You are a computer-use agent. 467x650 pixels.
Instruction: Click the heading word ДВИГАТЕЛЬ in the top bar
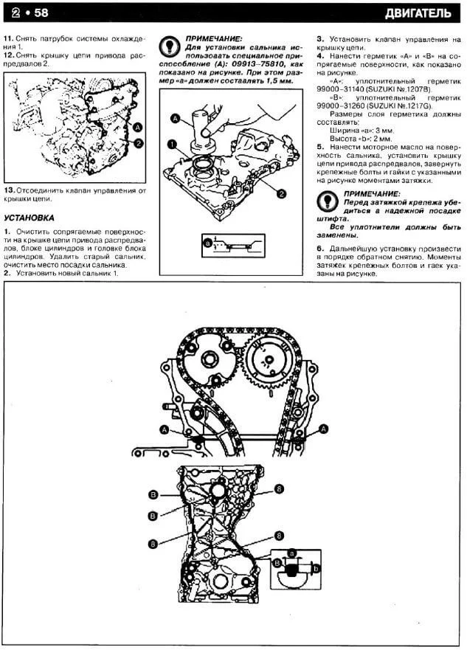click(423, 13)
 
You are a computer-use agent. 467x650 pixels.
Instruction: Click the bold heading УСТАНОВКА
click(29, 218)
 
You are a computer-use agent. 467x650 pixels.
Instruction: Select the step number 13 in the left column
click(8, 190)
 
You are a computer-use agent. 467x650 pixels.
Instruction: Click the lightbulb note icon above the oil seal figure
click(170, 45)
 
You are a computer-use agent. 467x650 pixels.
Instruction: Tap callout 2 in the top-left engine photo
click(138, 142)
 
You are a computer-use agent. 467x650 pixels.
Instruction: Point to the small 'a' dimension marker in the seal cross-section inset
click(208, 242)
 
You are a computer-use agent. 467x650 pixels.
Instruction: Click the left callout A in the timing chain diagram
click(163, 429)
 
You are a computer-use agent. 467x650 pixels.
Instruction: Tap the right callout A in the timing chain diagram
click(323, 429)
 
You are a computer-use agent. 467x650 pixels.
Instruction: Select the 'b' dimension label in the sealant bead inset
click(316, 570)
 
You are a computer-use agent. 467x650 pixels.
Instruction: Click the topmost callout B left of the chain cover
click(153, 492)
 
